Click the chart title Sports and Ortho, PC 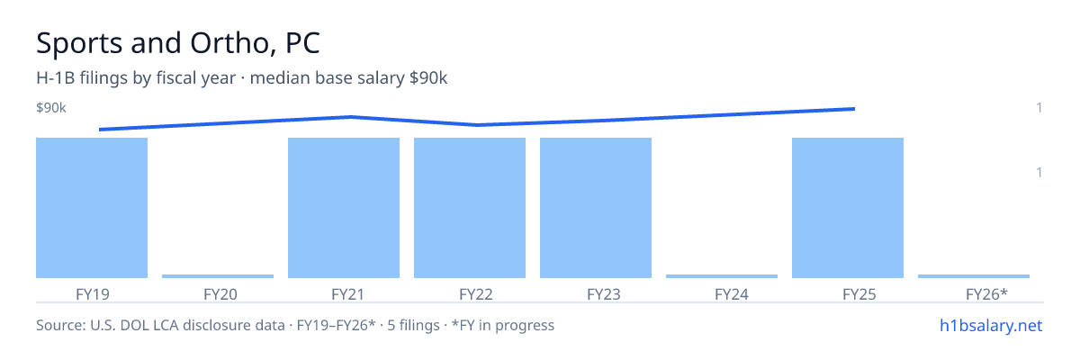pyautogui.click(x=178, y=43)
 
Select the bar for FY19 pyautogui.click(x=92, y=208)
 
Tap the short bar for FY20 pyautogui.click(x=218, y=276)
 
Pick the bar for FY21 pyautogui.click(x=344, y=208)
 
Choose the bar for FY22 pyautogui.click(x=470, y=208)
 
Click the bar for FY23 pyautogui.click(x=596, y=208)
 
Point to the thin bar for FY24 pyautogui.click(x=722, y=276)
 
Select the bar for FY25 pyautogui.click(x=848, y=208)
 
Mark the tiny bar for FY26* pyautogui.click(x=974, y=276)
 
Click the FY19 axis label pyautogui.click(x=93, y=294)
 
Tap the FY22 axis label pyautogui.click(x=476, y=294)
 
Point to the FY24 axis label pyautogui.click(x=732, y=294)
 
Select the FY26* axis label pyautogui.click(x=986, y=294)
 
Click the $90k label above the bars pyautogui.click(x=51, y=107)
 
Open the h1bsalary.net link pyautogui.click(x=991, y=325)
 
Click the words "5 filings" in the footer pyautogui.click(x=414, y=325)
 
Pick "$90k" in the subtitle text pyautogui.click(x=428, y=77)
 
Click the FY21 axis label pyautogui.click(x=348, y=294)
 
